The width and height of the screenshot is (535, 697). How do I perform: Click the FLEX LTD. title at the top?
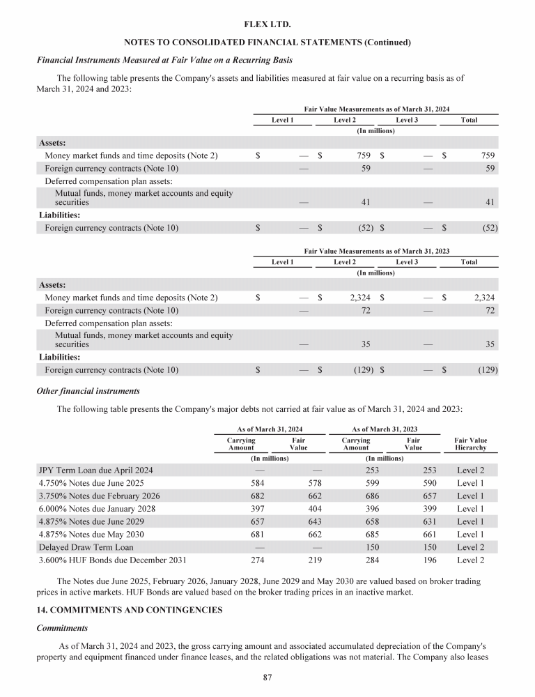point(267,25)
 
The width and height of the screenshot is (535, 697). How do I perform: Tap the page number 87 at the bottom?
point(267,676)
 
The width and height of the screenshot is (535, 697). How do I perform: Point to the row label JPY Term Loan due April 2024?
point(95,470)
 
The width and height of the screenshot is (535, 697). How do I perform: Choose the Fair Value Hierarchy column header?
point(470,445)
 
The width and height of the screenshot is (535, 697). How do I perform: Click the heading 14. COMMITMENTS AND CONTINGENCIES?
point(129,609)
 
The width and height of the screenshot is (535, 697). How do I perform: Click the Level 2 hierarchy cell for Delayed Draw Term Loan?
point(470,546)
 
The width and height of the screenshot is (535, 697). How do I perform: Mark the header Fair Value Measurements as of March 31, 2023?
point(377,250)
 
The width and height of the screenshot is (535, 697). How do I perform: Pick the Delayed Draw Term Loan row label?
point(85,546)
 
